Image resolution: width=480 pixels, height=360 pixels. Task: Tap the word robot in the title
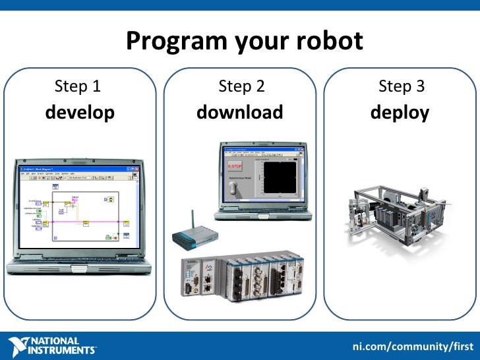(x=331, y=42)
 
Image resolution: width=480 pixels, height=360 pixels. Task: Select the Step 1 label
(x=78, y=86)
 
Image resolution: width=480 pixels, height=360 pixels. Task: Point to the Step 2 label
(x=241, y=86)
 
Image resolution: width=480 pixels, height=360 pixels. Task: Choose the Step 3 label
(x=401, y=86)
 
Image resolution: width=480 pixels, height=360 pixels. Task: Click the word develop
(x=80, y=113)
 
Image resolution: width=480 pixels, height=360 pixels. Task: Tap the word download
(x=240, y=113)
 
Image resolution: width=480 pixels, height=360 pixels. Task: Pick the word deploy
(x=400, y=113)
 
